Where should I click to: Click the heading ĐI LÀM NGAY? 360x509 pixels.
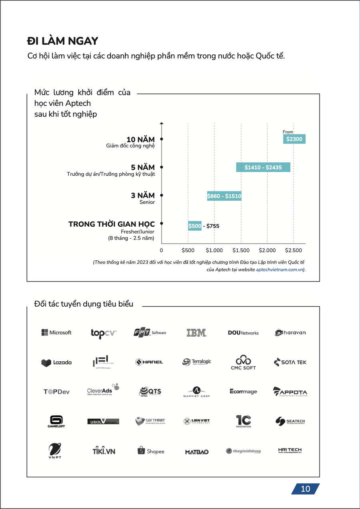[x=63, y=41]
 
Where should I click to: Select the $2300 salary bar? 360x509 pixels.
[x=294, y=139]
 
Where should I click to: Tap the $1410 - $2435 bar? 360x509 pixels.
[x=263, y=168]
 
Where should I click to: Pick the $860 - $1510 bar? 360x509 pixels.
[x=224, y=196]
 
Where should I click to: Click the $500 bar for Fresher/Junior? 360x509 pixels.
[x=195, y=226]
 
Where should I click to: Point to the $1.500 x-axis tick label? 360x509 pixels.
[x=241, y=250]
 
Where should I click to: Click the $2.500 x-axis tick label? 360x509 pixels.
[x=293, y=250]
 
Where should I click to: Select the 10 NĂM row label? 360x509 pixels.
[x=140, y=140]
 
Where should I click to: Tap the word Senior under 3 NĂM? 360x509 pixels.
[x=147, y=202]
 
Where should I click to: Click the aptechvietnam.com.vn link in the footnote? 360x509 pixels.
[x=279, y=270]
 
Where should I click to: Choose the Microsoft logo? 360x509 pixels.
[x=56, y=333]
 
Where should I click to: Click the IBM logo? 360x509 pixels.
[x=196, y=333]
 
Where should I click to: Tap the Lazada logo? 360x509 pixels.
[x=56, y=363]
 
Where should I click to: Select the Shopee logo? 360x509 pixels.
[x=151, y=451]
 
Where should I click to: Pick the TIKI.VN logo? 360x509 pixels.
[x=103, y=451]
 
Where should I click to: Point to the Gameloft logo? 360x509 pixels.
[x=56, y=421]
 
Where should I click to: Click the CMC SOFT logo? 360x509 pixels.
[x=243, y=362]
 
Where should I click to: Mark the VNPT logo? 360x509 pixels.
[x=55, y=451]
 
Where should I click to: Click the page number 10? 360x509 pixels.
[x=305, y=489]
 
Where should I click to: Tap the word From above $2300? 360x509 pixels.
[x=288, y=132]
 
